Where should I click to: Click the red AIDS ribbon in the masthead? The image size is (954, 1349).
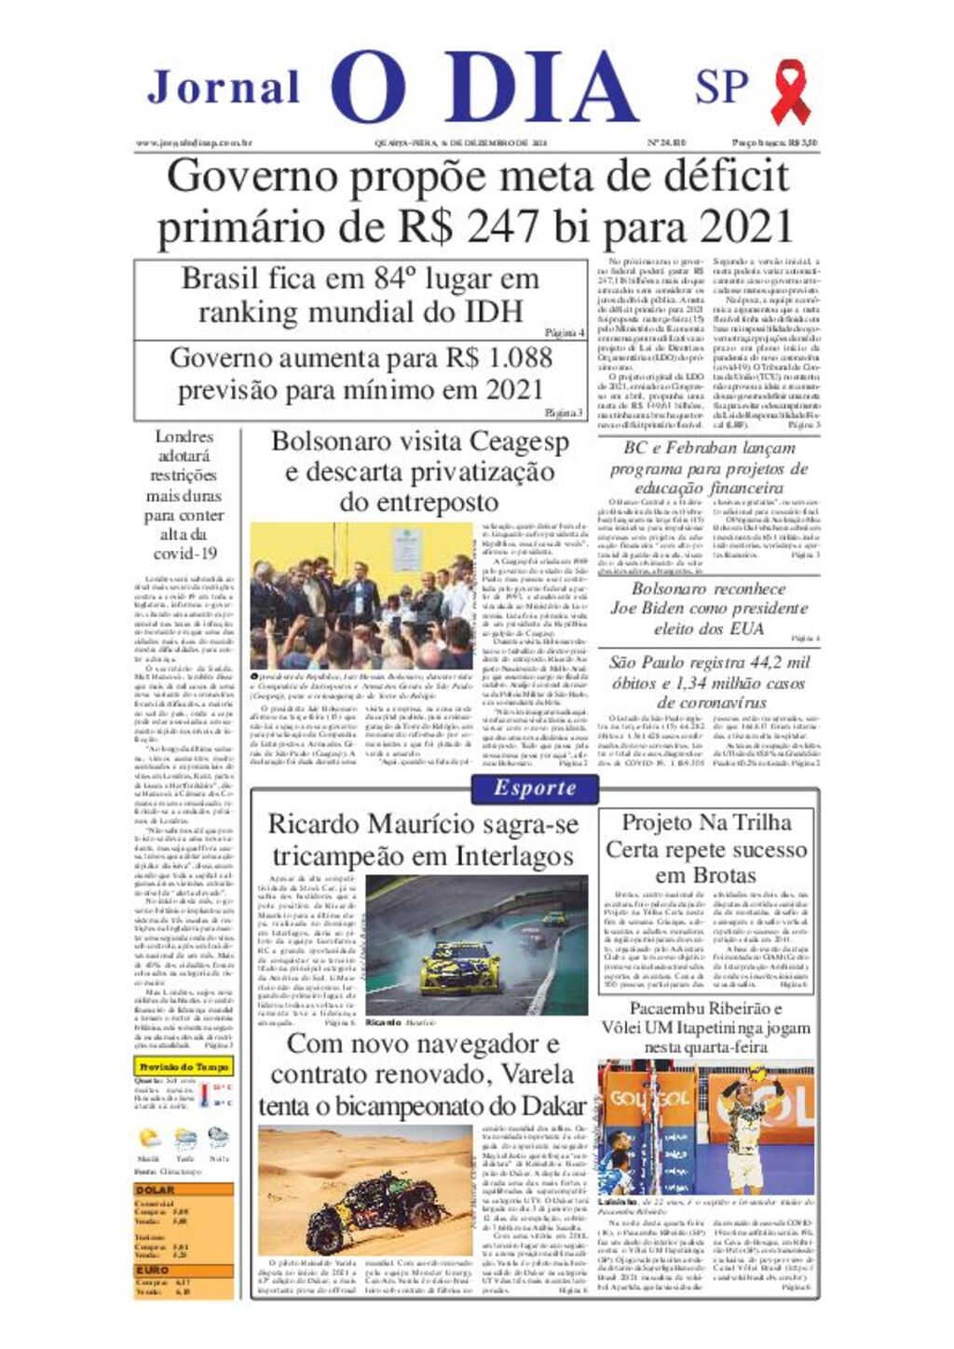790,91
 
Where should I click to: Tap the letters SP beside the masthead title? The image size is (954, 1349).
721,87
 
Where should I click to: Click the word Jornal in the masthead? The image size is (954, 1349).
224,88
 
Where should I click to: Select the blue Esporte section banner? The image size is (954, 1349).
536,788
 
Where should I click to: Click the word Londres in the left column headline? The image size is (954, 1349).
184,436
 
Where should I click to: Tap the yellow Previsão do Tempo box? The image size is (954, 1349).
184,1066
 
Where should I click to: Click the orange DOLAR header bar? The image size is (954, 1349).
184,1190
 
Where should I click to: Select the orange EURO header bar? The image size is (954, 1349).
184,1269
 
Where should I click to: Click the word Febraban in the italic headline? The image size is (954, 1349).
705,448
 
